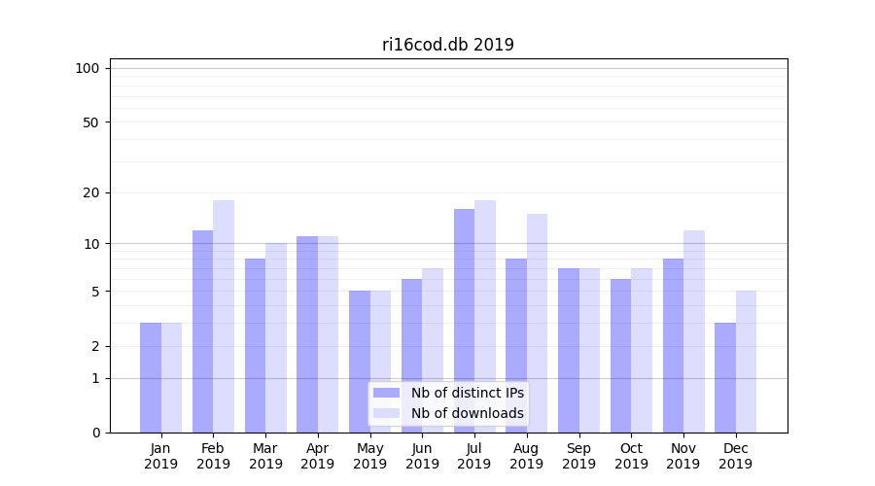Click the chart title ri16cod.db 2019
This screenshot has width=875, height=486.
447,45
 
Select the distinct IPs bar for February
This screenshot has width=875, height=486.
202,330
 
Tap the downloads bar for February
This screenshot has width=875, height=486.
224,316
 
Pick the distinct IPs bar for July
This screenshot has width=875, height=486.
464,321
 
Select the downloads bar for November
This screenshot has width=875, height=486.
694,330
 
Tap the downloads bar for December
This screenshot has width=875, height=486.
746,361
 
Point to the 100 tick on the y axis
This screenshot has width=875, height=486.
87,68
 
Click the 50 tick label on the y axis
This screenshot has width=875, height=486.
90,122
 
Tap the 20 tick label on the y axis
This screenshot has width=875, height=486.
90,192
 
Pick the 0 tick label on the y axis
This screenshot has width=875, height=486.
95,433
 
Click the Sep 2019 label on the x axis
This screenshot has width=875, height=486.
578,456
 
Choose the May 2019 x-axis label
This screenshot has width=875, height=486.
369,456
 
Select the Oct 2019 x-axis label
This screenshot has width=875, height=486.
631,456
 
